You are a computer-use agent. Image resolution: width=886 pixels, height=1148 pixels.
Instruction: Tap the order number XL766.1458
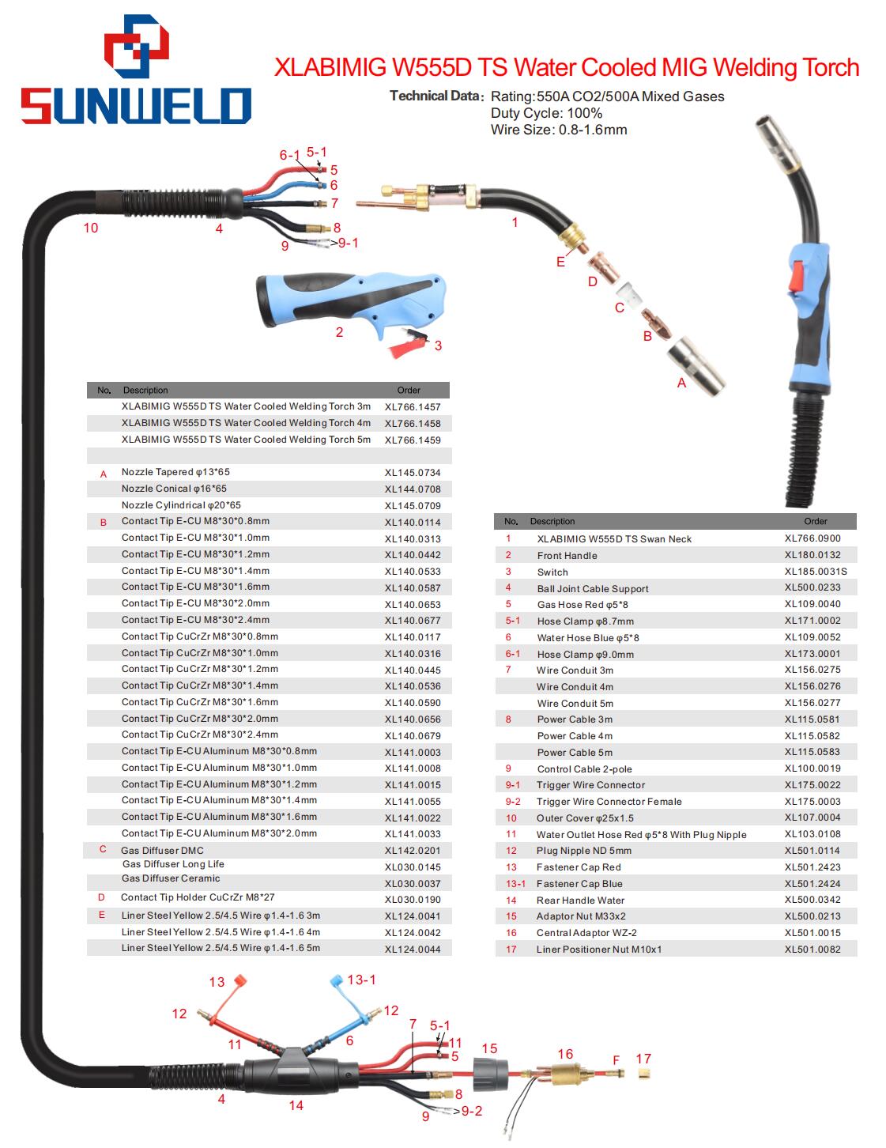coord(413,423)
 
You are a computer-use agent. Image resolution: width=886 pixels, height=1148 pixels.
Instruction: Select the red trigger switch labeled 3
coord(408,344)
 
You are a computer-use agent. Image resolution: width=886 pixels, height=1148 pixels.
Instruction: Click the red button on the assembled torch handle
coord(796,274)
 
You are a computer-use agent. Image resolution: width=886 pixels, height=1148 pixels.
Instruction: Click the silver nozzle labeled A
coord(696,365)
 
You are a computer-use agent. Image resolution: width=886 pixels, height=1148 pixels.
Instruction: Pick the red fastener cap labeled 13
coord(240,980)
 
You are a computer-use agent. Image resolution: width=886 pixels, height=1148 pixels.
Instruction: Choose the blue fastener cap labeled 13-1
coord(337,980)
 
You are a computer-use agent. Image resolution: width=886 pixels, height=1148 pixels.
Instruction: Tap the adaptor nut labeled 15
coord(490,1074)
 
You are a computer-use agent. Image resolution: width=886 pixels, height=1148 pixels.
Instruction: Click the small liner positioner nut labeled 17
coord(643,1073)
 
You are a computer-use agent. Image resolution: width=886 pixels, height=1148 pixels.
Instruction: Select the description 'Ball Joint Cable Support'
coord(593,588)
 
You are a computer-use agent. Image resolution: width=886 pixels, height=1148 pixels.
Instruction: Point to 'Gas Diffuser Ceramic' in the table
coord(171,878)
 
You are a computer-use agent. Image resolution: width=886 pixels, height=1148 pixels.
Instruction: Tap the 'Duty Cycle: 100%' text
coord(546,113)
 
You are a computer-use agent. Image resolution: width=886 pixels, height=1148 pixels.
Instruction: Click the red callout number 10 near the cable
coord(91,228)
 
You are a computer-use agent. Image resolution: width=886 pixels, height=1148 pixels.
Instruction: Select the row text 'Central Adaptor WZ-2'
coord(586,932)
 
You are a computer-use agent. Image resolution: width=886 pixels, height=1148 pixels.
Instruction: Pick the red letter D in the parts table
coord(101,897)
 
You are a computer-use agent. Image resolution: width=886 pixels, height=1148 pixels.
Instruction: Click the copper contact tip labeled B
coord(656,323)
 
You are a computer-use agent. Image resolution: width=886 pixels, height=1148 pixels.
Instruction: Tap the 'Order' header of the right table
coord(815,521)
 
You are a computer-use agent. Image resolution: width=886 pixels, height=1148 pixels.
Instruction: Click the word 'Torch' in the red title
coord(831,68)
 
